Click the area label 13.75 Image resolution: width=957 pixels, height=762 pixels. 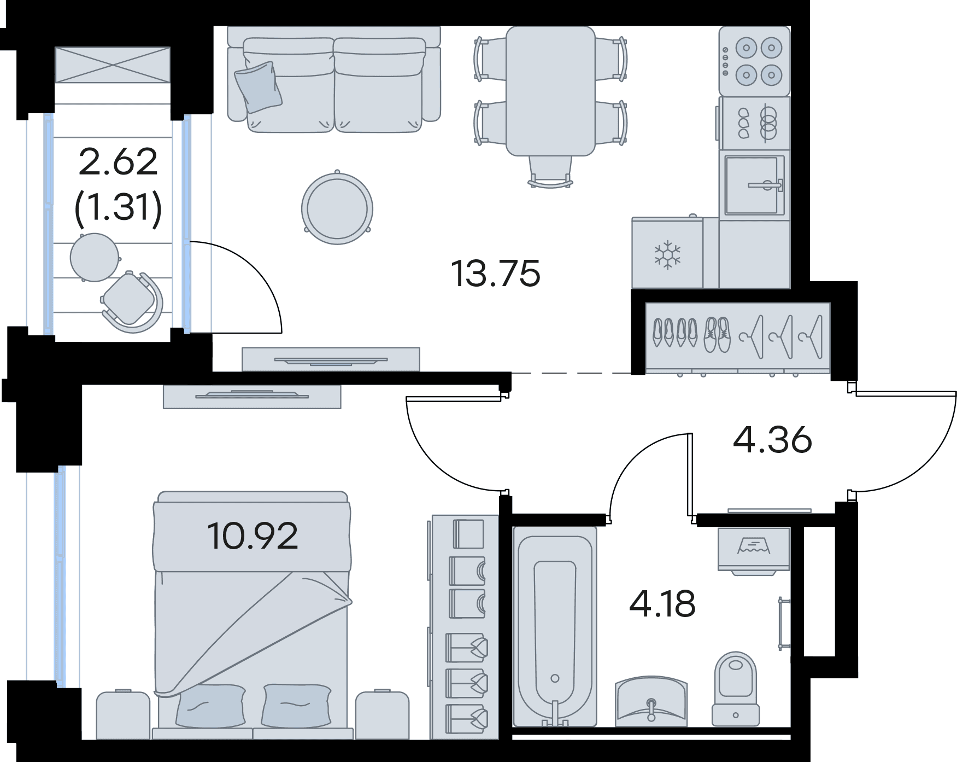tap(496, 274)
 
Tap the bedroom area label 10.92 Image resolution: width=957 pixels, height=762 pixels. tap(253, 536)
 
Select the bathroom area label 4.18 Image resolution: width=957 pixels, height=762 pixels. tap(662, 603)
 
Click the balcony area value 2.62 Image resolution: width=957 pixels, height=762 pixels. tap(118, 162)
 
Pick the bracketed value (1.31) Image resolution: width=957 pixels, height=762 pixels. tap(118, 208)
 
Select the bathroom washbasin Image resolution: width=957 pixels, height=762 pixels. tap(650, 701)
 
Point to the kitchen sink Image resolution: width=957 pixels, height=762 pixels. tap(755, 185)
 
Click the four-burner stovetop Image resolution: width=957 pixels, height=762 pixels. tap(755, 61)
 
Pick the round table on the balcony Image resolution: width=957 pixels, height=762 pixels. tap(95, 257)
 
